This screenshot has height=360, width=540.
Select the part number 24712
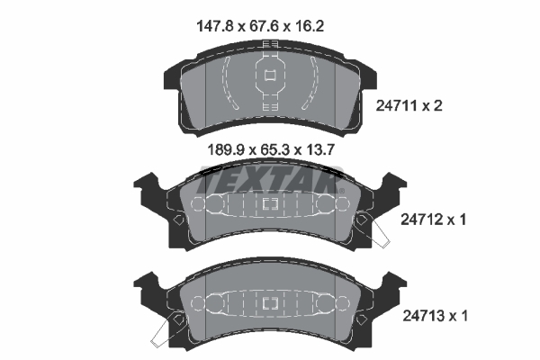coord(421,219)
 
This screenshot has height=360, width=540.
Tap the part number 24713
coord(423,316)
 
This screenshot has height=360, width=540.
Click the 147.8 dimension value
coord(215,26)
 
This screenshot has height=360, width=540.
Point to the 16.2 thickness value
coord(310,26)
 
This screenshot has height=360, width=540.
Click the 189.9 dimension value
coord(227,150)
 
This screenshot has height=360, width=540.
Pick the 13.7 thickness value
coord(320,150)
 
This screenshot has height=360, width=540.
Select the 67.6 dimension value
coord(264,26)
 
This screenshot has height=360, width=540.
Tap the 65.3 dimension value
coord(274,150)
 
